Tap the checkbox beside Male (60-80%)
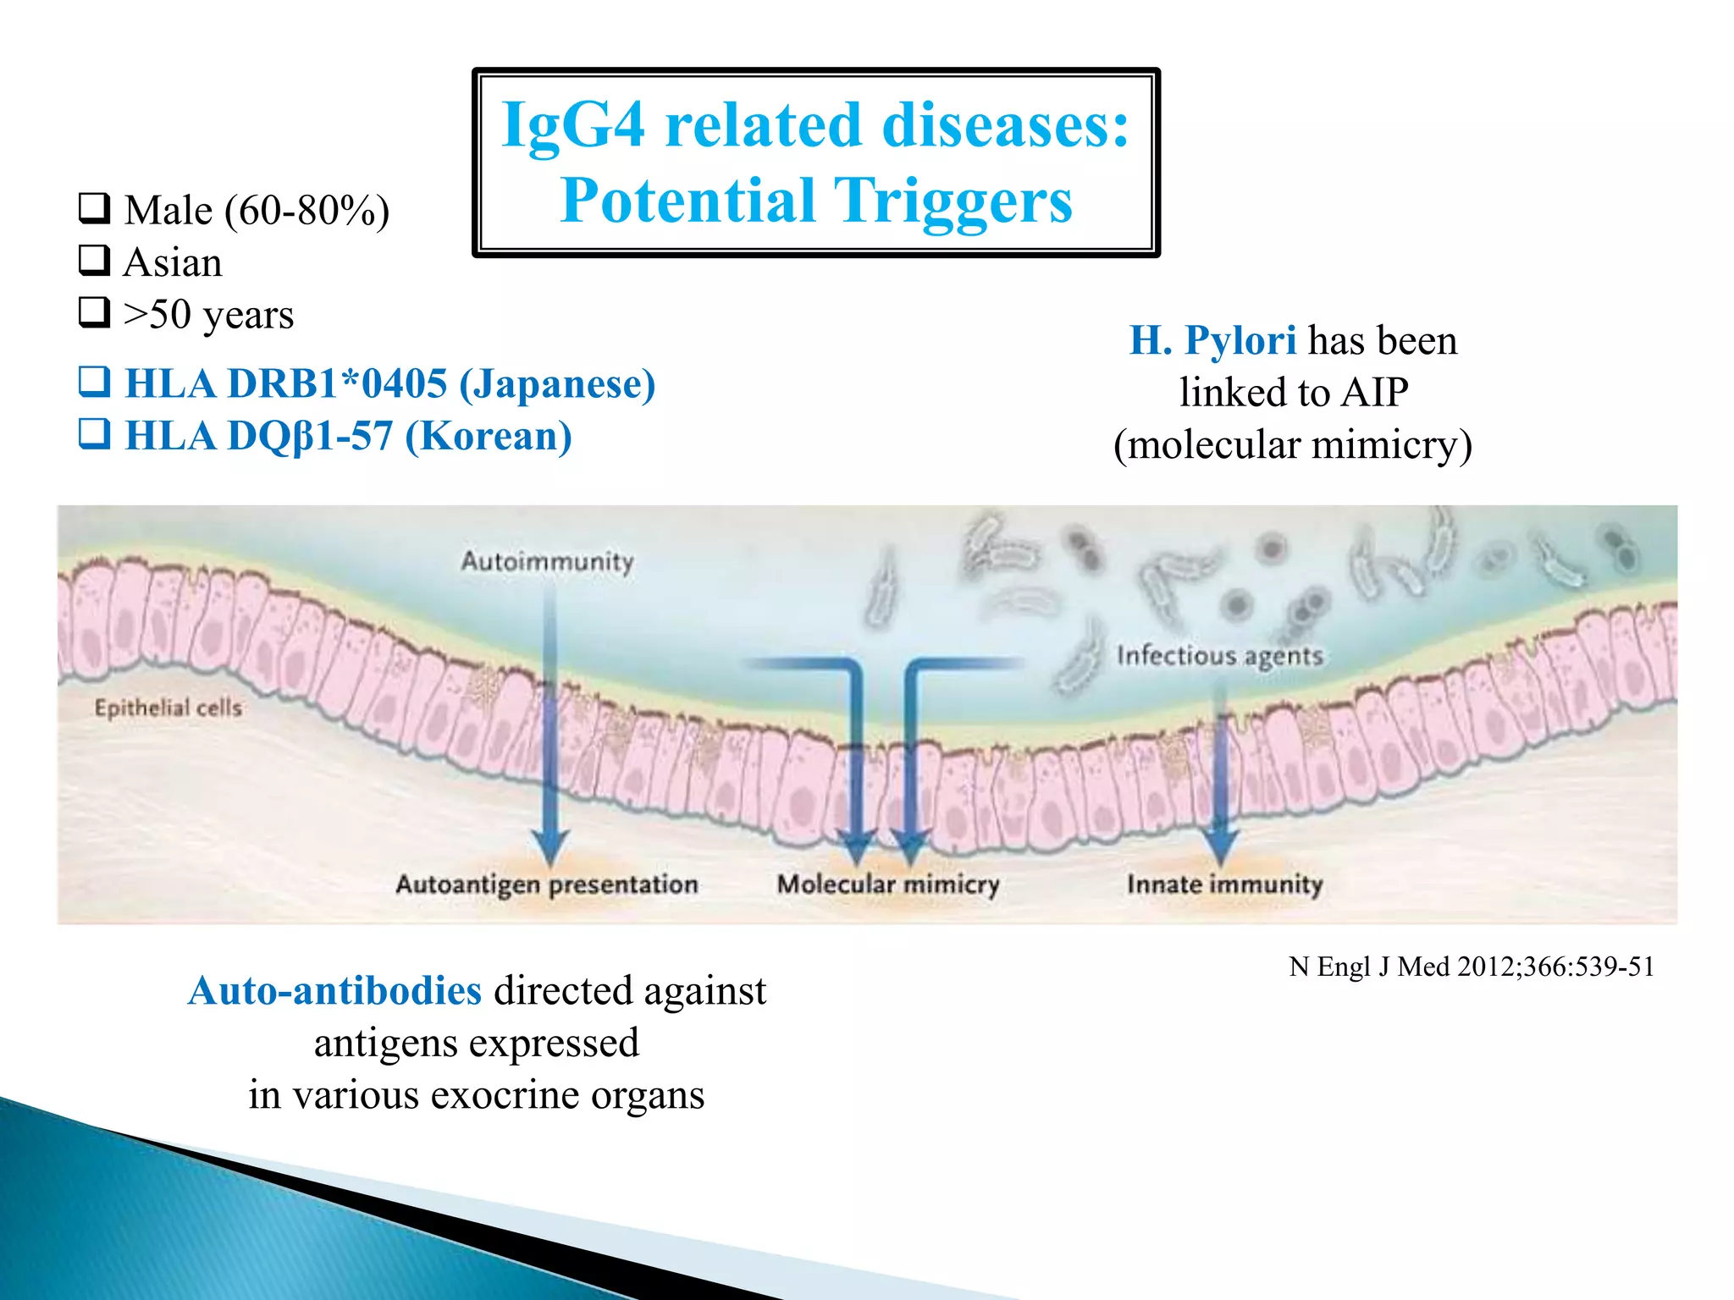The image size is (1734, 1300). [x=94, y=208]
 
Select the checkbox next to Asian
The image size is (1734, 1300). [x=94, y=261]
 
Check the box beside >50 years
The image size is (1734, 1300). [x=94, y=312]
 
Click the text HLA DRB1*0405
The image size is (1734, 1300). [x=285, y=383]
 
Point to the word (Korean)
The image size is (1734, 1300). [x=489, y=436]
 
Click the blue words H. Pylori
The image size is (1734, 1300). [x=1212, y=340]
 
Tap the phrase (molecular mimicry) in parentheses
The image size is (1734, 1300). [x=1292, y=445]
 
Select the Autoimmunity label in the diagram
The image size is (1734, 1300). [x=547, y=561]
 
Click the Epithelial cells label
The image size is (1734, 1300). [x=168, y=708]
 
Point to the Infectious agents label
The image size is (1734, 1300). [x=1218, y=656]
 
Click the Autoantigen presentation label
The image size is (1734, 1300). [x=547, y=884]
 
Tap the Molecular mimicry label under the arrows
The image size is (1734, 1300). [x=888, y=884]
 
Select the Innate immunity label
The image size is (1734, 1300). [x=1224, y=884]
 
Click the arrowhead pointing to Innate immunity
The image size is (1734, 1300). [x=1220, y=844]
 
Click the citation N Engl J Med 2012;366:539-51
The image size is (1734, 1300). [x=1472, y=967]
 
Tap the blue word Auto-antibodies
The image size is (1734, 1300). [x=335, y=990]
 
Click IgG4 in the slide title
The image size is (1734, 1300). [x=573, y=125]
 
